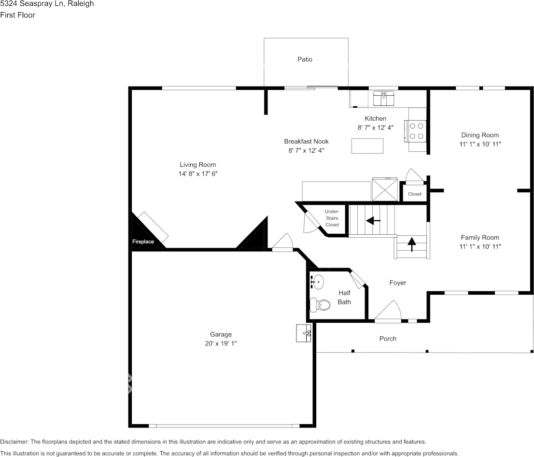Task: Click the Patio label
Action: (x=305, y=59)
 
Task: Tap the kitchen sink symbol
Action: (x=384, y=98)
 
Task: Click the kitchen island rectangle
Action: (x=367, y=145)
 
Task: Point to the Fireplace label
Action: (x=143, y=242)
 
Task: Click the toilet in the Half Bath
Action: (x=320, y=304)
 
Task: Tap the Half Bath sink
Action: (x=318, y=281)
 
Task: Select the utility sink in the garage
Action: (x=304, y=333)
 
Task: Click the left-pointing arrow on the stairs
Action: (x=373, y=221)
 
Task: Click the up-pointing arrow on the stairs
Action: (x=411, y=245)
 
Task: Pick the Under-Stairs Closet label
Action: (x=332, y=218)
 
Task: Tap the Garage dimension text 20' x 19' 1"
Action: (x=221, y=343)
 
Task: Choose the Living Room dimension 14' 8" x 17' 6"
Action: (x=198, y=174)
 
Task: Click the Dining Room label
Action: (x=480, y=135)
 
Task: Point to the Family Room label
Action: (x=480, y=238)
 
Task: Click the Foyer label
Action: (x=398, y=283)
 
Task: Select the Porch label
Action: (x=388, y=339)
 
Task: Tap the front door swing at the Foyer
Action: (x=389, y=311)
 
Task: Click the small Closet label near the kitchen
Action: (x=415, y=194)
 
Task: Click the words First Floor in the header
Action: (x=18, y=15)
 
